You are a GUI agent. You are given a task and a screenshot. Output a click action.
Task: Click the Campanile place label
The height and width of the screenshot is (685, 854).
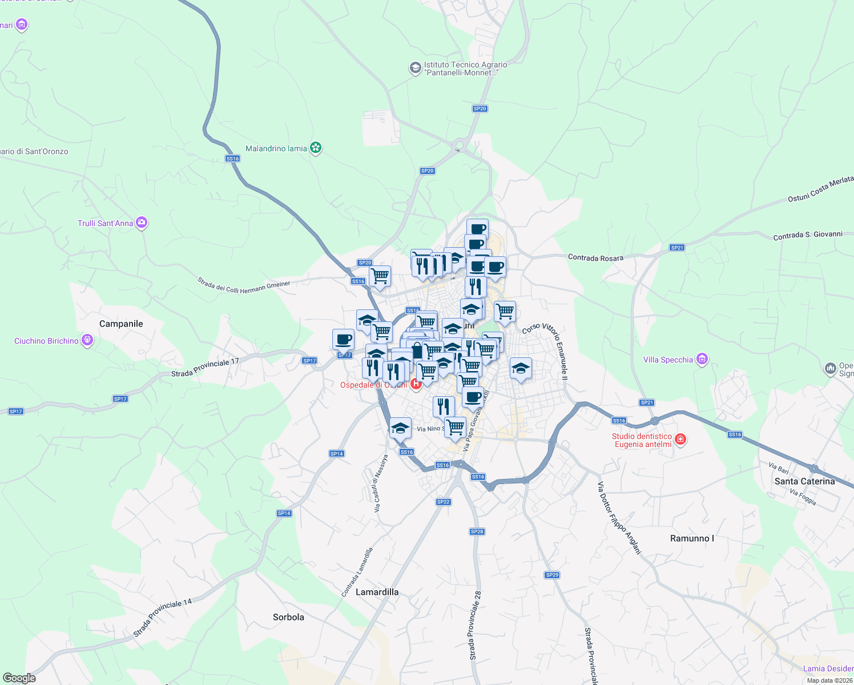coord(121,324)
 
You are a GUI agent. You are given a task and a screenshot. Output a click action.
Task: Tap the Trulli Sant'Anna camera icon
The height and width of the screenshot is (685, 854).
coord(142,223)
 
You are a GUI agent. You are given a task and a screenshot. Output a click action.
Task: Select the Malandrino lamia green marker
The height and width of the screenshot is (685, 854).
coord(315,148)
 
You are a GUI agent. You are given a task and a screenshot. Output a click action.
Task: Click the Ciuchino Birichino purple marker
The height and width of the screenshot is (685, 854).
coord(87,341)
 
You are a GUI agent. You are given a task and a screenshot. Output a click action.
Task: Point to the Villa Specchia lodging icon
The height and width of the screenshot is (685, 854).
coord(702,359)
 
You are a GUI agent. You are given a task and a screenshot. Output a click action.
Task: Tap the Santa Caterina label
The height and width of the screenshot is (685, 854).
coord(804,481)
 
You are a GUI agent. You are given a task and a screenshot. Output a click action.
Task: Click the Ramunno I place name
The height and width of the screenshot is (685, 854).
coord(692,538)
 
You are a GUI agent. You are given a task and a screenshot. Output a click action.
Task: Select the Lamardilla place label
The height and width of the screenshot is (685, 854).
coord(377,592)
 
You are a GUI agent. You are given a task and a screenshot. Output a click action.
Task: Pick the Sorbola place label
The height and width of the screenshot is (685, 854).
coord(288,617)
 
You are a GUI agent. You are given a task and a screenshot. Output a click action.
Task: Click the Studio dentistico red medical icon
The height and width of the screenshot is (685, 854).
coord(680,439)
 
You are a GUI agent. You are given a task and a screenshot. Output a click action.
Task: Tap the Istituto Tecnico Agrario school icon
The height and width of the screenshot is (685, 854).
coord(415,68)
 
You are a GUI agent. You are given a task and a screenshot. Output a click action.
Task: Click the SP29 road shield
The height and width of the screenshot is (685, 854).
coord(552,575)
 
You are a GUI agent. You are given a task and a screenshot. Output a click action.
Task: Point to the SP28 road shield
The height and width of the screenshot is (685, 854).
coord(477,531)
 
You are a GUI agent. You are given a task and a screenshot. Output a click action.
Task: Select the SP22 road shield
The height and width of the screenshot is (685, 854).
coord(444,502)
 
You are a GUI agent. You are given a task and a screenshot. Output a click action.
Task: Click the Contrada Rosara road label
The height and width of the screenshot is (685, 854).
coord(595,258)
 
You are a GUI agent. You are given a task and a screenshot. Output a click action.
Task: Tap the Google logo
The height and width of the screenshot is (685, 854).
coord(19,678)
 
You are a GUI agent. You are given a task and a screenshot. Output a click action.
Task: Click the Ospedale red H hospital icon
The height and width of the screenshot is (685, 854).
coord(416,384)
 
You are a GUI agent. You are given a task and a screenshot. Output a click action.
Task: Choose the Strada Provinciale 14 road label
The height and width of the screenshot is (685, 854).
coord(163,618)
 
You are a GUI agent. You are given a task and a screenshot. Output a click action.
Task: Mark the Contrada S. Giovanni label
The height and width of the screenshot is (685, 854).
coord(808,235)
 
